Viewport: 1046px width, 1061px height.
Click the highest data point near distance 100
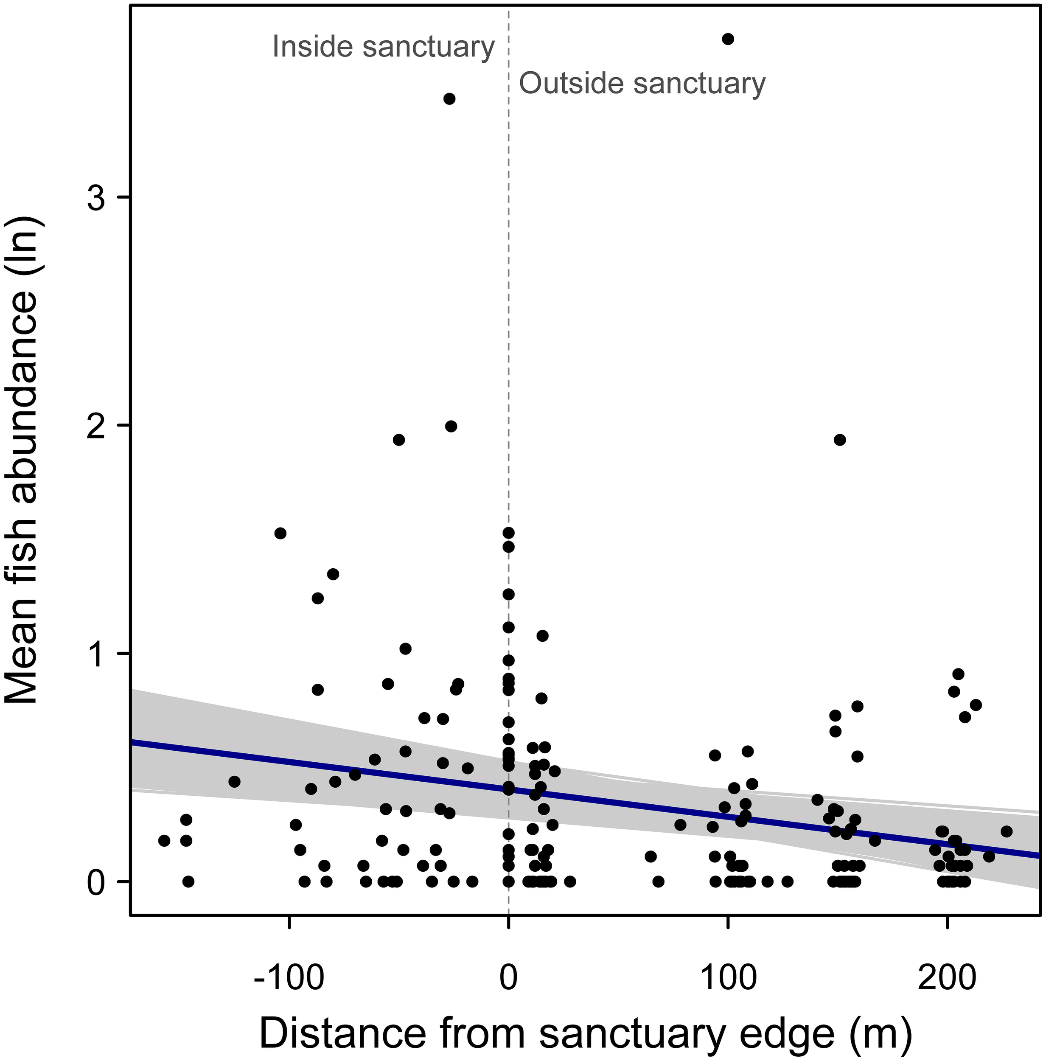728,39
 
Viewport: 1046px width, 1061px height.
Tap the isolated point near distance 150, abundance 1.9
839,440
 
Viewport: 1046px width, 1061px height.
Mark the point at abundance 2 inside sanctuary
451,426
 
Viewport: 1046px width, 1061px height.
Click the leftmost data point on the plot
164,840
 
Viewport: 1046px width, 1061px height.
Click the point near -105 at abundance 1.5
280,533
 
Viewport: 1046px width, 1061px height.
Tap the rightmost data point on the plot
1006,831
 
